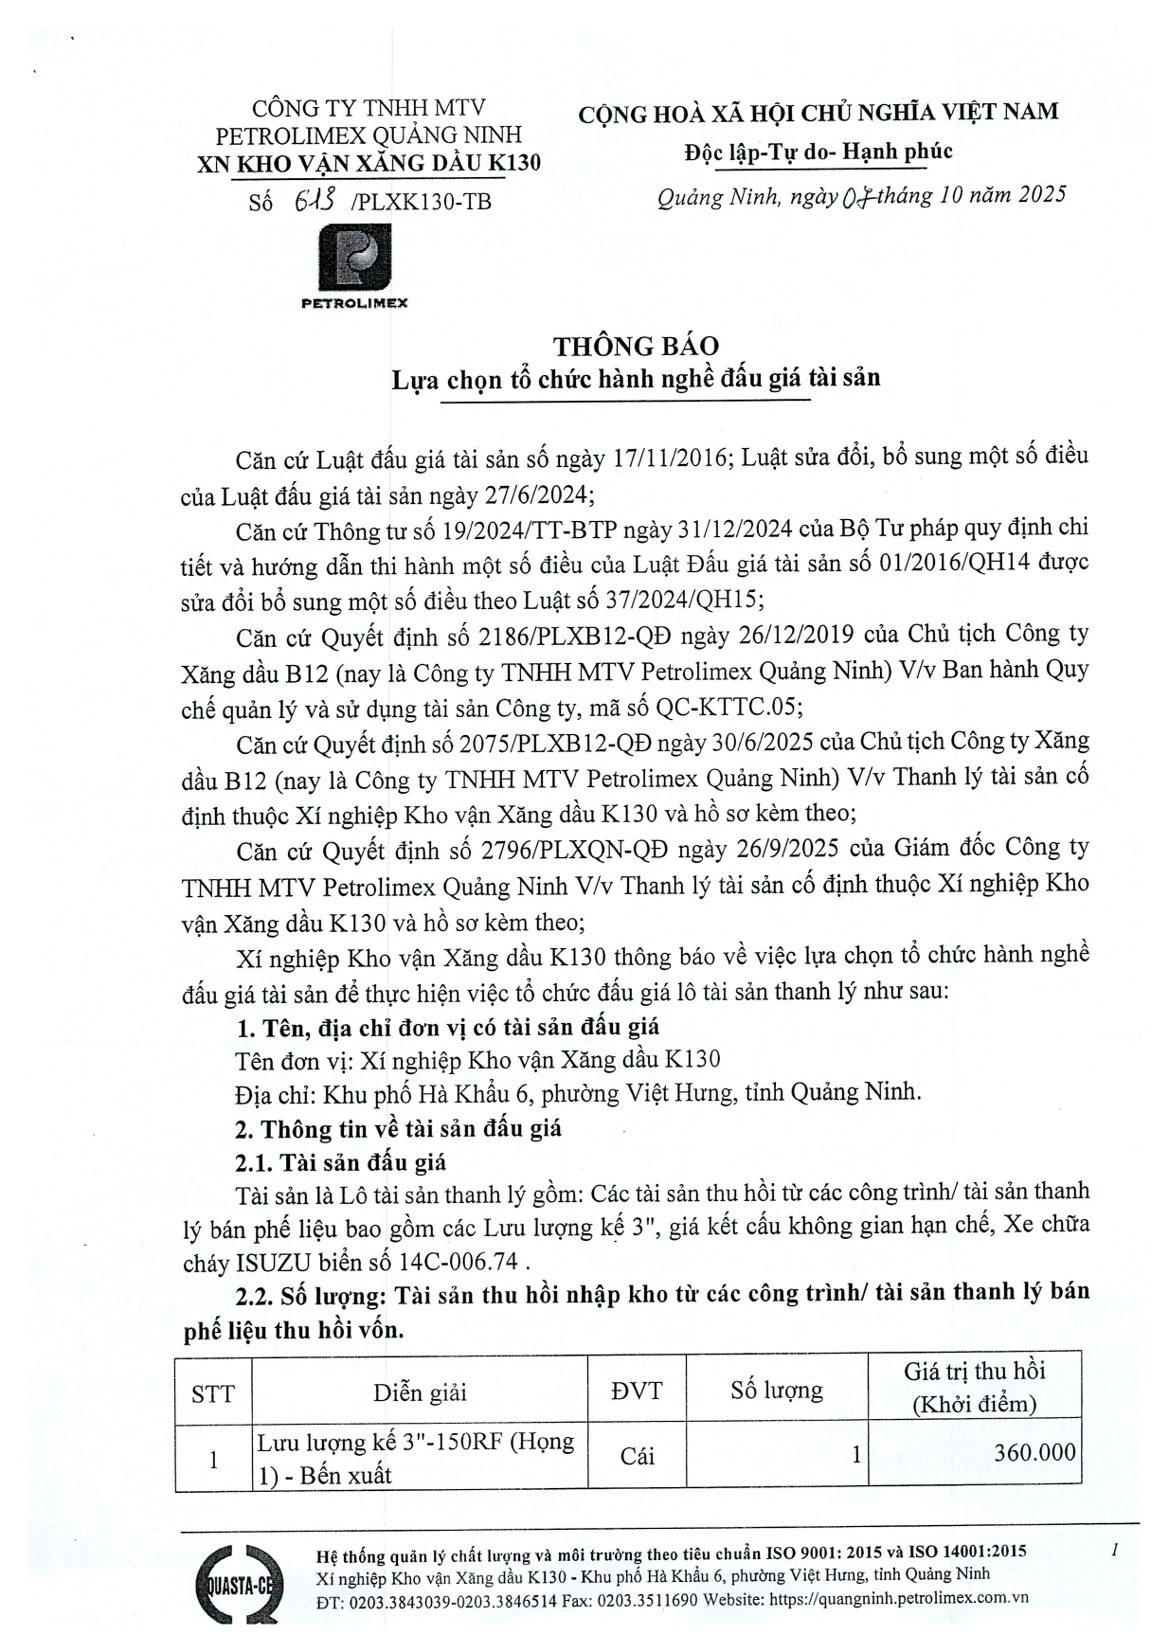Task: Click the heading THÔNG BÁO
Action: (636, 346)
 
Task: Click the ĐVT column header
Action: (637, 1391)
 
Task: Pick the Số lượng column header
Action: (776, 1391)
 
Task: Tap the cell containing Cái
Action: (637, 1456)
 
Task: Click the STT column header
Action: (213, 1392)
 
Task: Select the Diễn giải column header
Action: (420, 1392)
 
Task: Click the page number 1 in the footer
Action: (1115, 1551)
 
